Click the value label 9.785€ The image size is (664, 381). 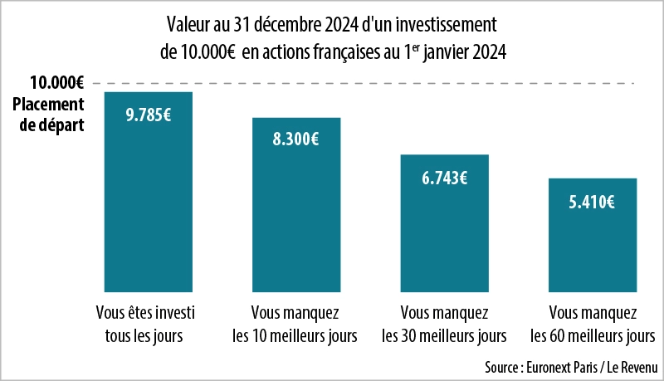(149, 115)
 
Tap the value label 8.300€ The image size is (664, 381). (296, 139)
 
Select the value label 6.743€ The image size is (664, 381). (444, 177)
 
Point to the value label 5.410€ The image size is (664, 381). (592, 201)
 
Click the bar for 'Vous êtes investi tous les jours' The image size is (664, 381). (149, 208)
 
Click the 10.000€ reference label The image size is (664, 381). (57, 83)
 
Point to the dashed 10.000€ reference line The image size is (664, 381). (373, 83)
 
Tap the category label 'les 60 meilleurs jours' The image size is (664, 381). (593, 336)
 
